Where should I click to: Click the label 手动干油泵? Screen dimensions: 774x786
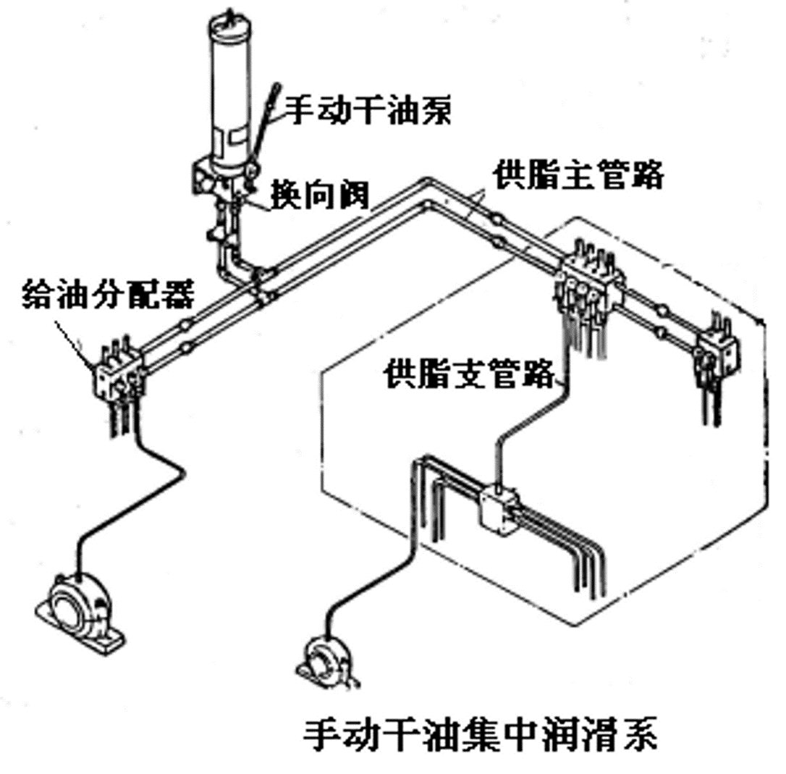368,110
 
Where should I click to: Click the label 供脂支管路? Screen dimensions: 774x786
470,373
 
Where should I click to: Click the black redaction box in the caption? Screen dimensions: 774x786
211,734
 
